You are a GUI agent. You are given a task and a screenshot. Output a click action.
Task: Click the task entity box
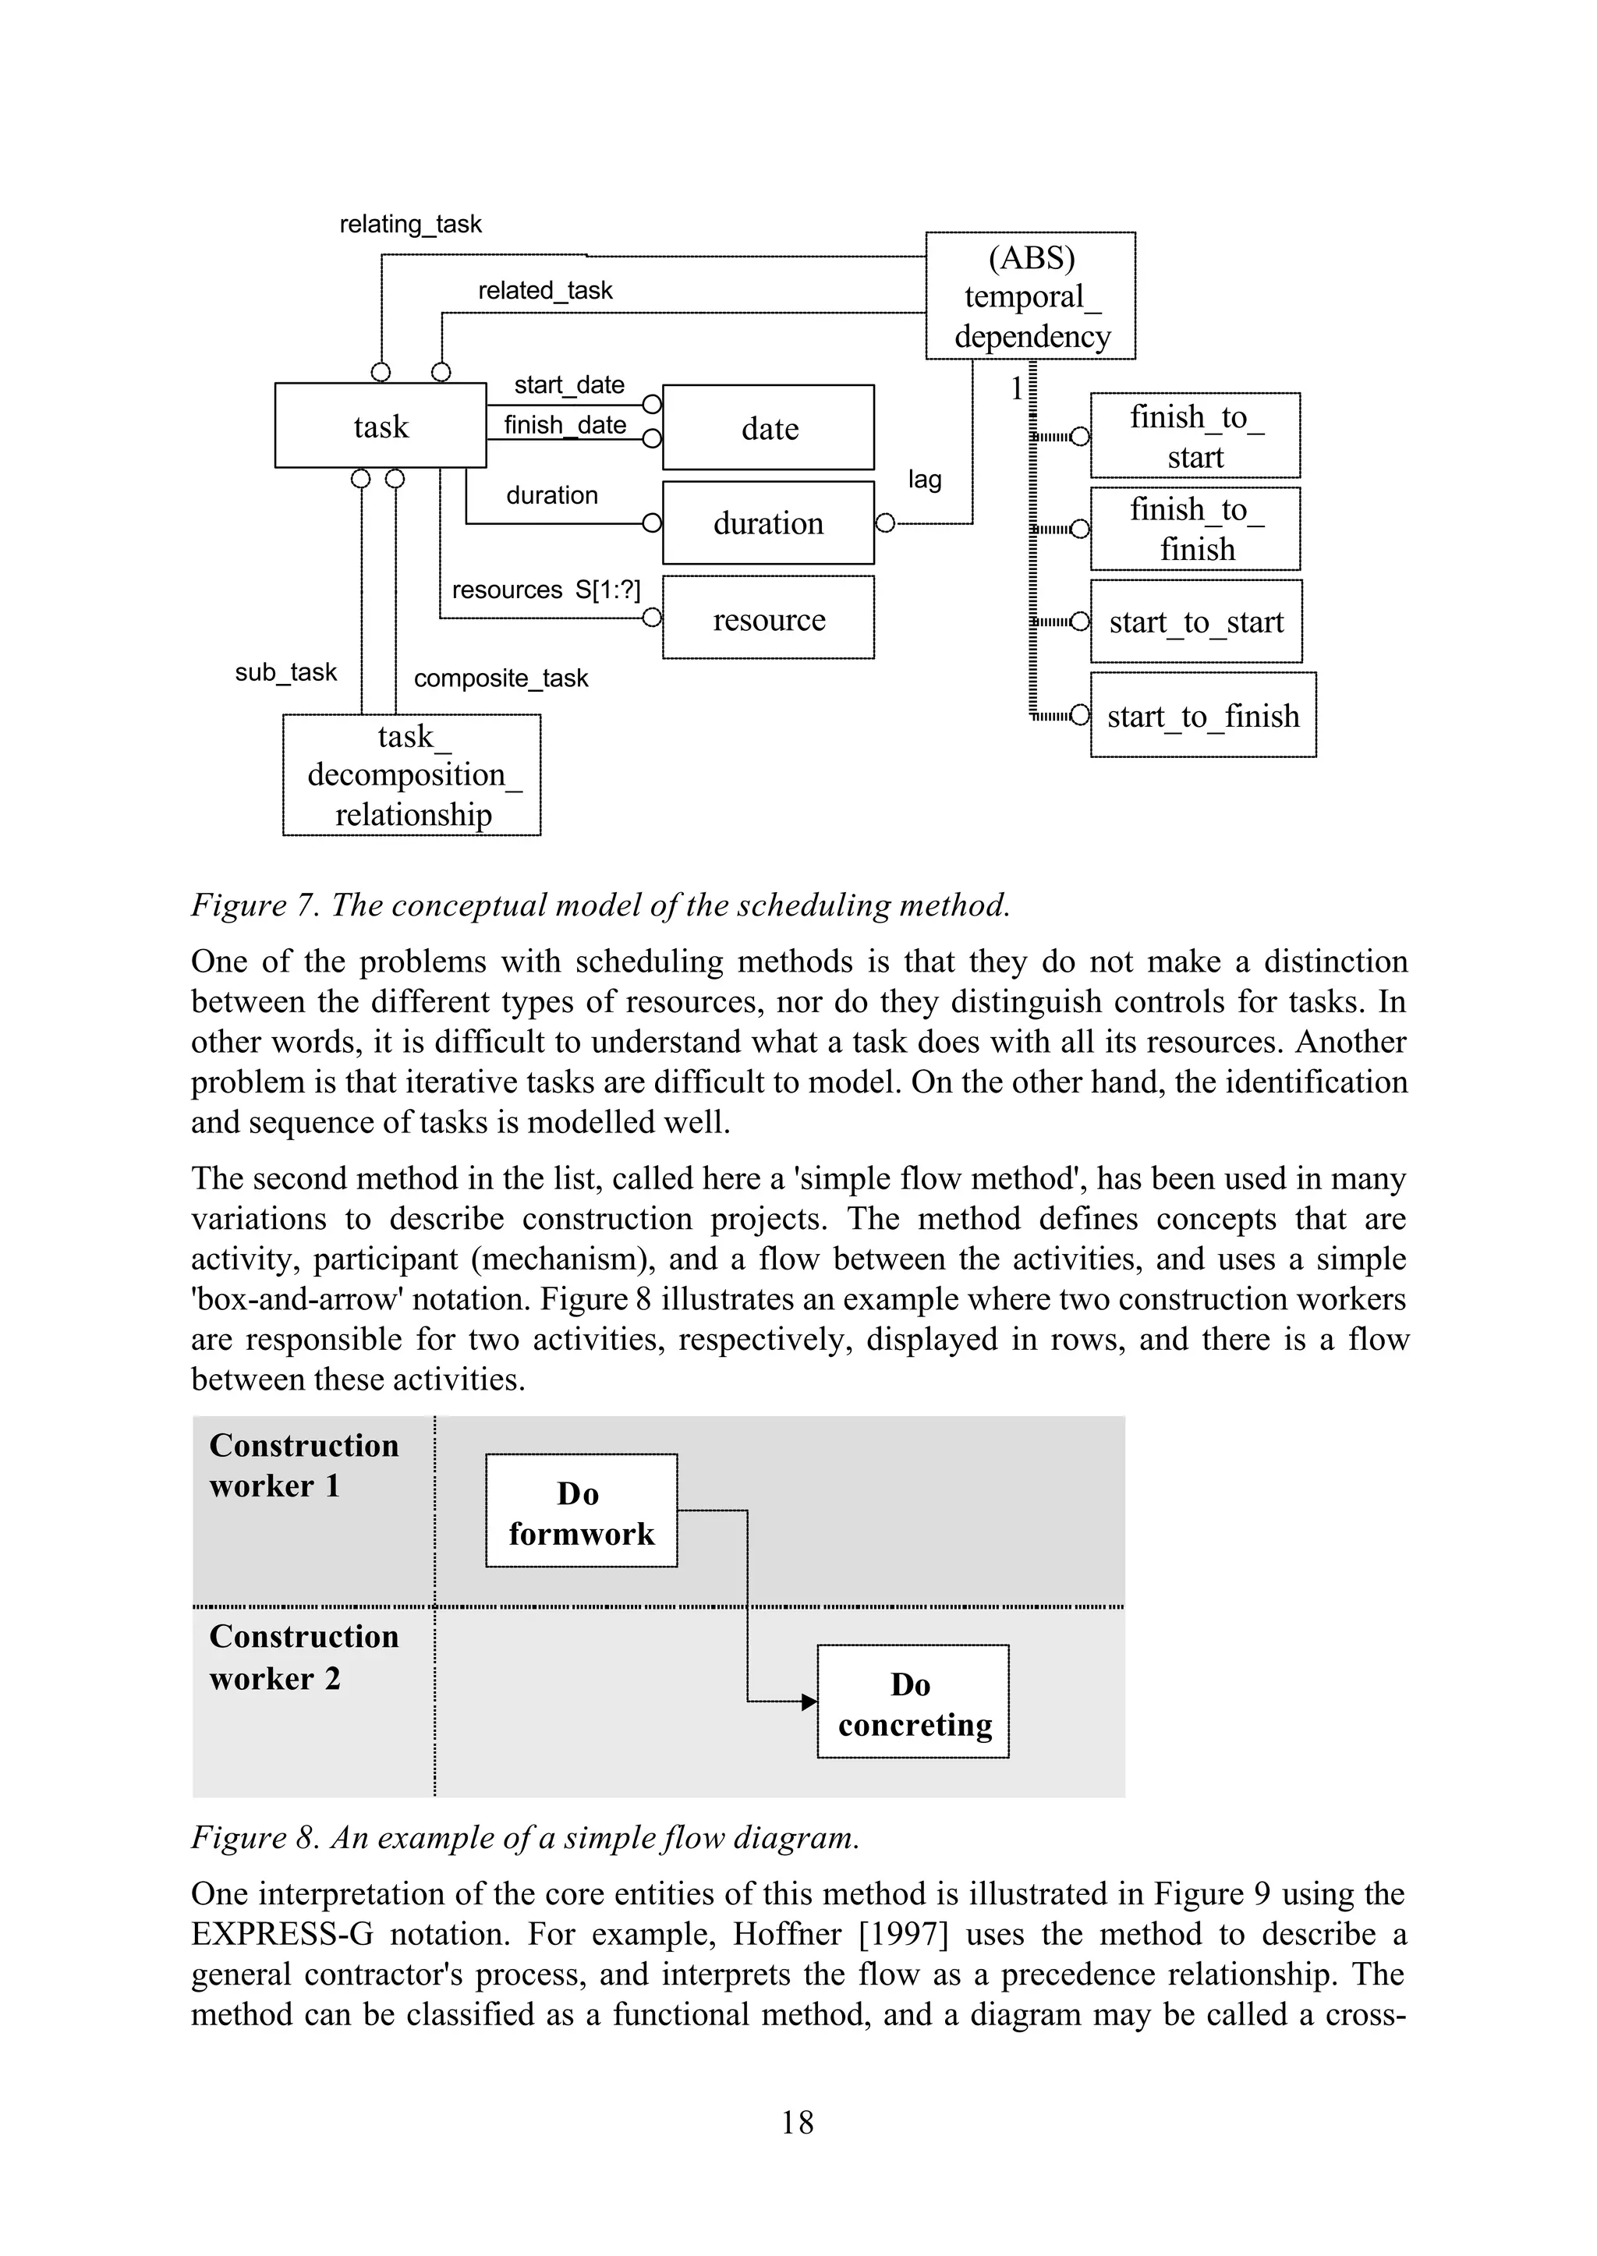click(x=380, y=425)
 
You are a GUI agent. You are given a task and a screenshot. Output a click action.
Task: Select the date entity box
click(x=768, y=428)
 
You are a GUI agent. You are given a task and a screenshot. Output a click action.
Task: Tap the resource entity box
click(x=768, y=618)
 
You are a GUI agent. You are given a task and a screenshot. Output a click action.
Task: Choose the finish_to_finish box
click(x=1195, y=529)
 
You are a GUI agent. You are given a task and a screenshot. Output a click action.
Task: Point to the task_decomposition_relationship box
click(x=412, y=775)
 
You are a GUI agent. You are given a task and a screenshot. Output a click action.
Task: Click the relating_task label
click(x=410, y=225)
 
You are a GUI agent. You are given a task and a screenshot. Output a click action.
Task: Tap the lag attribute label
click(x=924, y=479)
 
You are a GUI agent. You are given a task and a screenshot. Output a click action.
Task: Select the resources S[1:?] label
click(x=546, y=590)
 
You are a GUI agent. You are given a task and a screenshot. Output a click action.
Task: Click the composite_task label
click(x=501, y=678)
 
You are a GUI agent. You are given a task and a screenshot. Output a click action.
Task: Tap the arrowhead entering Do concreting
click(x=809, y=1702)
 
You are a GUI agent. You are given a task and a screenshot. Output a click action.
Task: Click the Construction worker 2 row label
click(x=304, y=1657)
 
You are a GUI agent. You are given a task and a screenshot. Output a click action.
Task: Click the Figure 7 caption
click(x=600, y=905)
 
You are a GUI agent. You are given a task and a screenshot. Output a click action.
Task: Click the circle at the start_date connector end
click(x=651, y=404)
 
